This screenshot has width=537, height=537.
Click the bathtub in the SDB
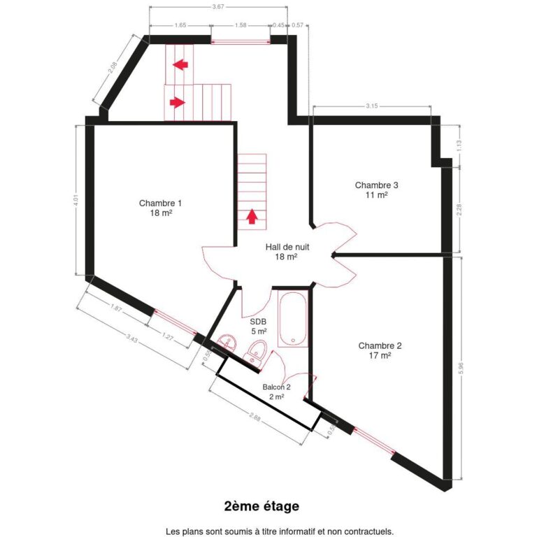pyautogui.click(x=293, y=320)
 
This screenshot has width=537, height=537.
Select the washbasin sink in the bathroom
pyautogui.click(x=227, y=343)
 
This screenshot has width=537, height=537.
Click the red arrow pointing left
pyautogui.click(x=180, y=65)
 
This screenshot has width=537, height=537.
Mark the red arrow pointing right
pyautogui.click(x=178, y=102)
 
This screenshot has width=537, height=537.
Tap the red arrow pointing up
pyautogui.click(x=252, y=216)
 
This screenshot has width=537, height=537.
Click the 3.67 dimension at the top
pyautogui.click(x=217, y=7)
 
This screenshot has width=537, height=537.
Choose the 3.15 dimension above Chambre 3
pyautogui.click(x=372, y=106)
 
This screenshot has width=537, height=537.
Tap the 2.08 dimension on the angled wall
pyautogui.click(x=112, y=68)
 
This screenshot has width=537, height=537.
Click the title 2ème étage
pyautogui.click(x=262, y=506)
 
